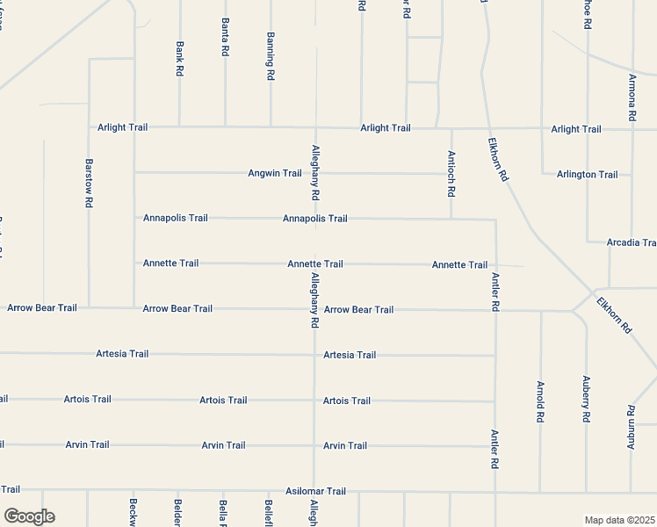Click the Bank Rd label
pos(179,58)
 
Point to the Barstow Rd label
pos(89,183)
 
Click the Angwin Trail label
pos(275,173)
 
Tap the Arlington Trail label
pos(587,174)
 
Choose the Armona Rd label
pos(632,97)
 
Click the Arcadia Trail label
pos(632,242)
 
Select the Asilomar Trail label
pos(316,491)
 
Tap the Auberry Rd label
pos(586,399)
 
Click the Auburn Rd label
pos(632,423)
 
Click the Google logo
pos(29,516)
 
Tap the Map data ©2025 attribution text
pos(620,520)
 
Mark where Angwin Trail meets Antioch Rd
pos(451,173)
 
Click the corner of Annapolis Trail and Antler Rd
pos(495,220)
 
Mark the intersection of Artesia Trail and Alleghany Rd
pos(314,355)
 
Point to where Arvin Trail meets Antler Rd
pos(495,446)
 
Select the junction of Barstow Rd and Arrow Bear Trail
pos(89,308)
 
